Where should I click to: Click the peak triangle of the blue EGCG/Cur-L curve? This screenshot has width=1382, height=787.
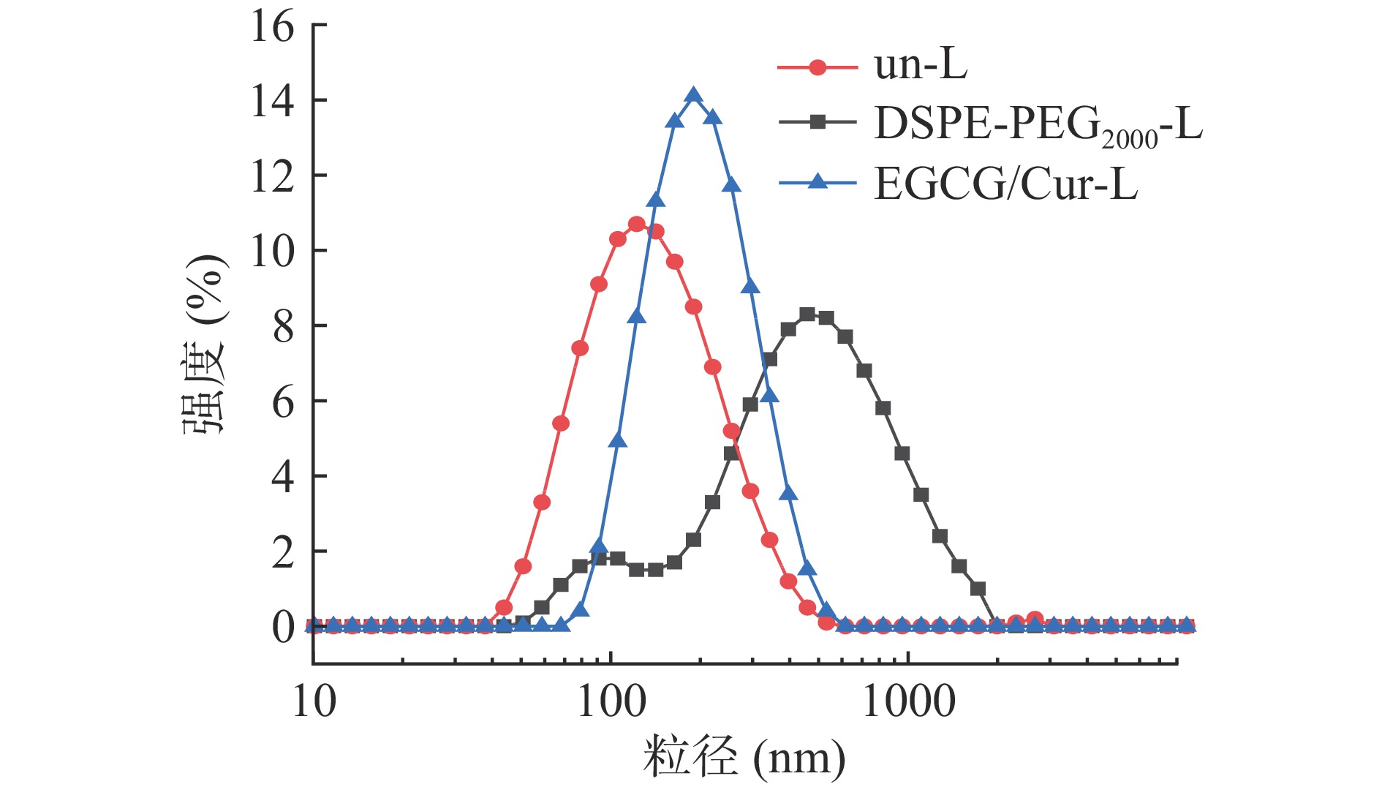pyautogui.click(x=694, y=96)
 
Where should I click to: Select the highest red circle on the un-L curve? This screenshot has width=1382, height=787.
pyautogui.click(x=637, y=224)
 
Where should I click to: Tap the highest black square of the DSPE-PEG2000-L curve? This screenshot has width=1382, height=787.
pyautogui.click(x=807, y=315)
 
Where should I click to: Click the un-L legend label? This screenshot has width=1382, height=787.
pyautogui.click(x=921, y=65)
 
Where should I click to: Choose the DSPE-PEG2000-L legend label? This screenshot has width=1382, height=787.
pyautogui.click(x=1038, y=124)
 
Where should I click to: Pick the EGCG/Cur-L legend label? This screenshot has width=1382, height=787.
pyautogui.click(x=1005, y=184)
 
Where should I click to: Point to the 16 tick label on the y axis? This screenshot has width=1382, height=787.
pyautogui.click(x=273, y=27)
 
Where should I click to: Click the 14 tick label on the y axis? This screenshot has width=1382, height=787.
pyautogui.click(x=273, y=101)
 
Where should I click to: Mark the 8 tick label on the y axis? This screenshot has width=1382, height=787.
pyautogui.click(x=283, y=327)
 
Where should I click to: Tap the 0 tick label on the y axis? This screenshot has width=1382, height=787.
pyautogui.click(x=283, y=627)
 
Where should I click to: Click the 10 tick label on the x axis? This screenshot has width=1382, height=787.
pyautogui.click(x=314, y=701)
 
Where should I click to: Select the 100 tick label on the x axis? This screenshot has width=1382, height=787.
pyautogui.click(x=611, y=701)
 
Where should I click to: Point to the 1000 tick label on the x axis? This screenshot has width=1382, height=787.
pyautogui.click(x=909, y=701)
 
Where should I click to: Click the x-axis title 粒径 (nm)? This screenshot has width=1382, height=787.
pyautogui.click(x=744, y=757)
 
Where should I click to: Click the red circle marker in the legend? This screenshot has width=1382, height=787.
pyautogui.click(x=818, y=68)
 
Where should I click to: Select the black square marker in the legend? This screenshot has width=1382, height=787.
pyautogui.click(x=818, y=123)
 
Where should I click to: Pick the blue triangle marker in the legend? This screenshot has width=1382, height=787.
pyautogui.click(x=818, y=181)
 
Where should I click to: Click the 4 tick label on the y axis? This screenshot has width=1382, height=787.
pyautogui.click(x=283, y=477)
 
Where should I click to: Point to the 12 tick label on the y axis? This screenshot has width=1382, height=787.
pyautogui.click(x=273, y=176)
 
